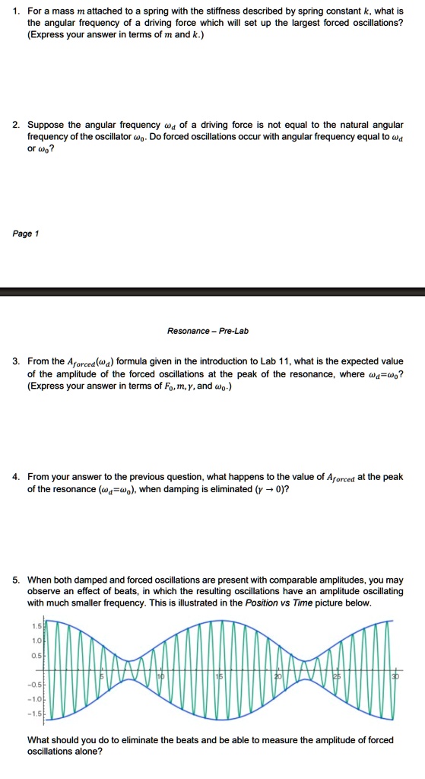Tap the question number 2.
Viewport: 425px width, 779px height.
[16, 124]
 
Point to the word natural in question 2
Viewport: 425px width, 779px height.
[346, 124]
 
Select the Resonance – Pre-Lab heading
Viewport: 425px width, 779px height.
[208, 331]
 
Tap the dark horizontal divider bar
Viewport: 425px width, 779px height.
[212, 291]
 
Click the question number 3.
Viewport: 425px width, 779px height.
[16, 361]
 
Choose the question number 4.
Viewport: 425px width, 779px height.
[16, 477]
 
